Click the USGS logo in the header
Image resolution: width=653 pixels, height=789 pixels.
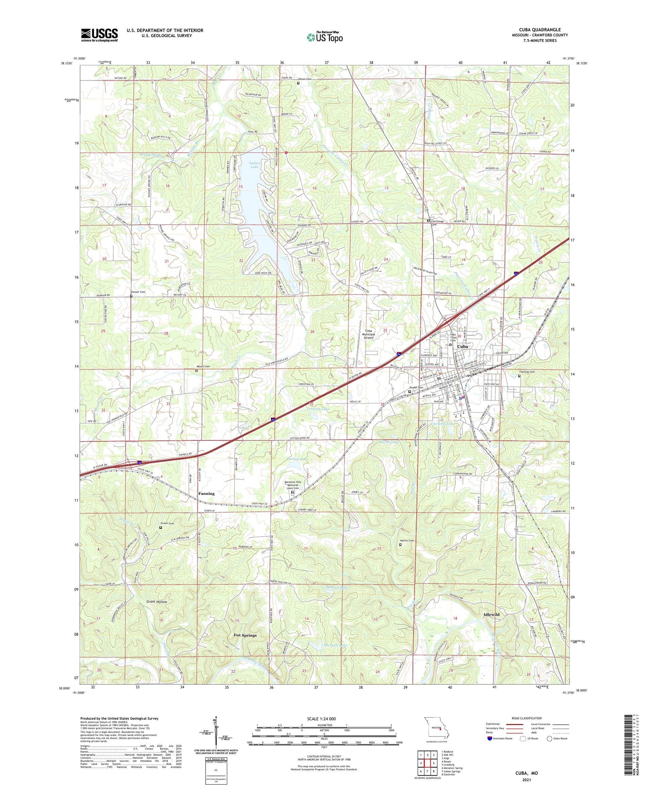(x=99, y=35)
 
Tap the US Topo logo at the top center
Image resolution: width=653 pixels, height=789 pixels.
(x=325, y=37)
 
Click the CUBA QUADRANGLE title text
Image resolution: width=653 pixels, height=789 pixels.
(x=540, y=30)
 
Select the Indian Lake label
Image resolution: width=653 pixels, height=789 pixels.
(x=255, y=165)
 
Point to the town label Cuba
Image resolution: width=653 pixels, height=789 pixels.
(x=462, y=346)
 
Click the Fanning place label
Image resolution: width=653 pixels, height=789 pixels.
(x=206, y=494)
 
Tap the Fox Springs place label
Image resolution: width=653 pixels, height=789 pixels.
(x=245, y=635)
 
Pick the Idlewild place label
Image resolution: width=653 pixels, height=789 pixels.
(x=491, y=614)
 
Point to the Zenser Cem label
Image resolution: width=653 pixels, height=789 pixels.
(x=138, y=292)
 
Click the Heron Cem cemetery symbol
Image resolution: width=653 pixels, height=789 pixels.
(x=298, y=83)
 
